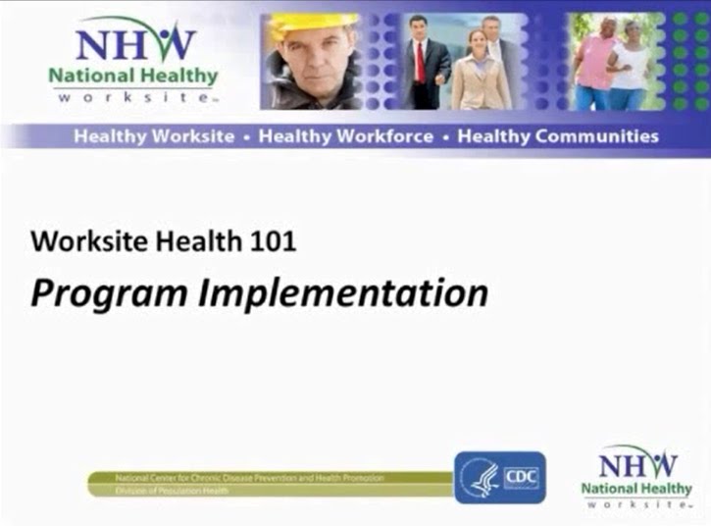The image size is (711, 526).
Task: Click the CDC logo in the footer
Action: coord(499,478)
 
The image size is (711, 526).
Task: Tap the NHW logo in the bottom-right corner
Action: coord(636,476)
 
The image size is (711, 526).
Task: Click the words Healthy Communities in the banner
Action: coord(558,136)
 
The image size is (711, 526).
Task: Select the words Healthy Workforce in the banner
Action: coord(345,136)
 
